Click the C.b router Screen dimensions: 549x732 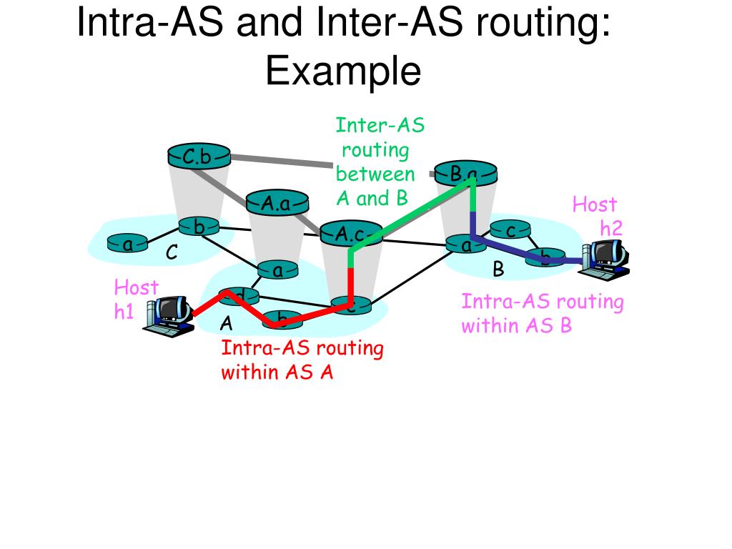coord(199,155)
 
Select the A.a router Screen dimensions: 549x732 coord(275,202)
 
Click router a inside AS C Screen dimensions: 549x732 coord(127,244)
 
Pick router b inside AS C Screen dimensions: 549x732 coord(199,227)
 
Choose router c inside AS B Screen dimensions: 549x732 coord(510,230)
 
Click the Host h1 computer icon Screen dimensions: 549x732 coord(169,316)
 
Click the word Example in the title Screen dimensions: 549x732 coord(343,71)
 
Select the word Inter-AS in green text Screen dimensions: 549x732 coord(380,127)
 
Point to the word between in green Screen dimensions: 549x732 coord(375,174)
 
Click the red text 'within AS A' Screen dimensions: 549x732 coord(277,372)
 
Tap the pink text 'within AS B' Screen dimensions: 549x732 coord(516,326)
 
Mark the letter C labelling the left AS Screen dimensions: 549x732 coord(172,254)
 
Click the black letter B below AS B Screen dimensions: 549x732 coord(498,269)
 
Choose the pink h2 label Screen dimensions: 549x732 coord(611,229)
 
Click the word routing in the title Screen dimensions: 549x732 coord(550,24)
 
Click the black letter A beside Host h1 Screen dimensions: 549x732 coord(226,324)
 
